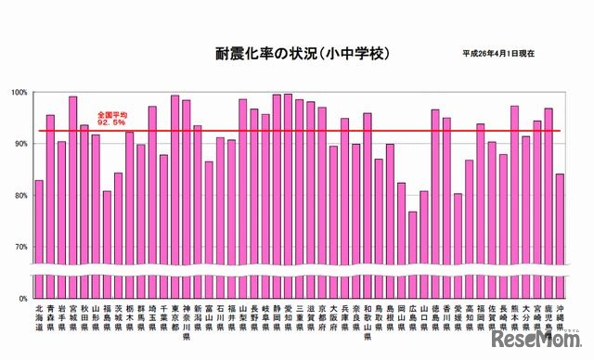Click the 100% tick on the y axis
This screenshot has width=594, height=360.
[20, 92]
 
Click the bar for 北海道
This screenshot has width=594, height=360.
[39, 223]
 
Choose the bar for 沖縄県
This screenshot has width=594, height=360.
[561, 223]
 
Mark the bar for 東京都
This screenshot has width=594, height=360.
[175, 186]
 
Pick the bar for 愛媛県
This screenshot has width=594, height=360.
[458, 232]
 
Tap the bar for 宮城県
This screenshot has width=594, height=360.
[73, 186]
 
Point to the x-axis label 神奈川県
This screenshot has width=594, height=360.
[187, 321]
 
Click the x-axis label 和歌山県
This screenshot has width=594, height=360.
[368, 321]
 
